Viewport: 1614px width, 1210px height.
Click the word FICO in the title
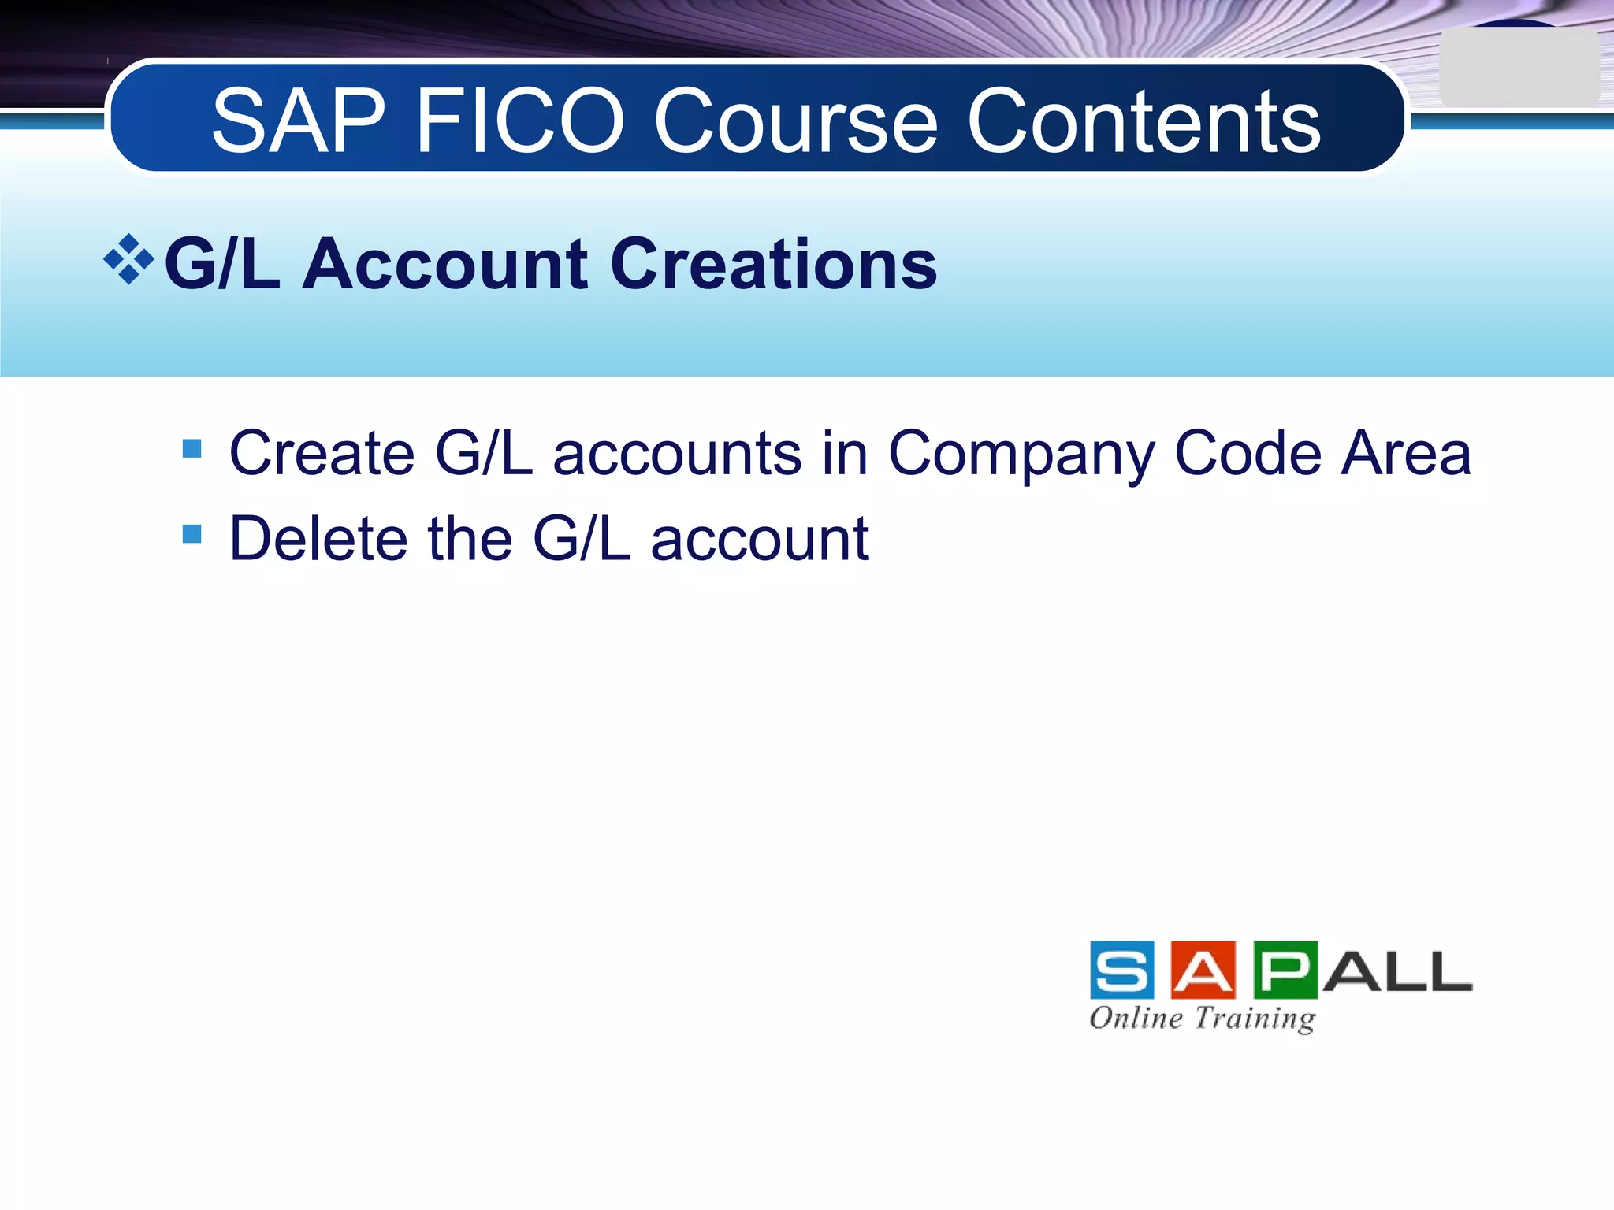coord(519,122)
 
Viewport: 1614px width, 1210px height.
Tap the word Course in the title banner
coord(795,122)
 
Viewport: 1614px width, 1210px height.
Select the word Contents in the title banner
coord(1143,122)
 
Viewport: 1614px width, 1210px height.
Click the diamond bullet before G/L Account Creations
coord(128,259)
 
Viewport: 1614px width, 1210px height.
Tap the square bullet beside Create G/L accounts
coord(192,448)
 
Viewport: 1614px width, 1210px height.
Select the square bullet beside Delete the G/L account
coord(192,534)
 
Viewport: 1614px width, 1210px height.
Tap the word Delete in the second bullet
coord(318,539)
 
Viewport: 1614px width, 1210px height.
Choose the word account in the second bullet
coord(760,540)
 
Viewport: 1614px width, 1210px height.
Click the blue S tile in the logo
coord(1121,970)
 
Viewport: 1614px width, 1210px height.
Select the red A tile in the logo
coord(1203,970)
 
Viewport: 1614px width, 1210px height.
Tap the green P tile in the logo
coord(1285,970)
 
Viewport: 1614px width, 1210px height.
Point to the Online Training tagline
coord(1202,1018)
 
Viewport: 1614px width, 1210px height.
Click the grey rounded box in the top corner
coord(1518,68)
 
